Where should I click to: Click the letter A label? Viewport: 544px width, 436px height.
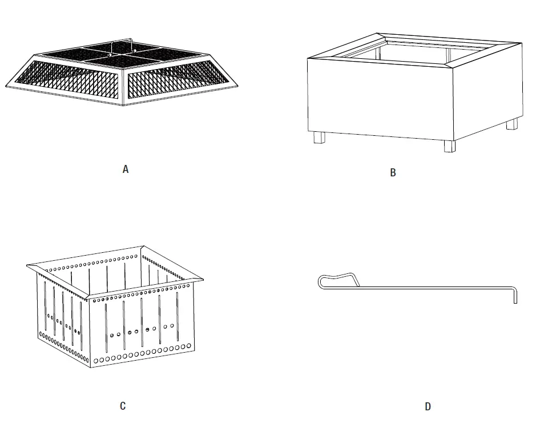tap(126, 169)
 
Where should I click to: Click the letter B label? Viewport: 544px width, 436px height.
tap(393, 173)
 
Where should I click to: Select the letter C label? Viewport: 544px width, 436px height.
tap(123, 406)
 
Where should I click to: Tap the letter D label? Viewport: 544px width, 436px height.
tap(428, 407)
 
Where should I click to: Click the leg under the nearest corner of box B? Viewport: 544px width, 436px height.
tap(450, 146)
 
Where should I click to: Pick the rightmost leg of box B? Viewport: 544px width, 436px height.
tap(512, 124)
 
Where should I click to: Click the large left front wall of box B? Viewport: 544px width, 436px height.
tap(380, 100)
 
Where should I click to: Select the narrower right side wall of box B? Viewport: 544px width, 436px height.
tap(488, 91)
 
